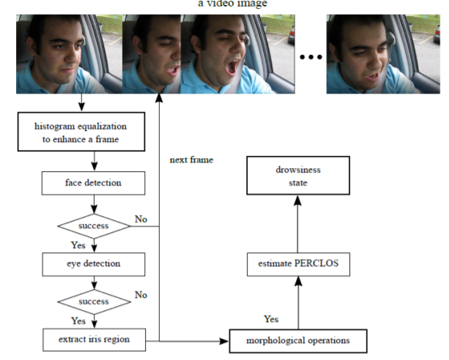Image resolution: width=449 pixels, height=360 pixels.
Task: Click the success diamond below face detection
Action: (x=94, y=225)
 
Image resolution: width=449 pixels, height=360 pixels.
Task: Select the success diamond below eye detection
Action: (x=94, y=301)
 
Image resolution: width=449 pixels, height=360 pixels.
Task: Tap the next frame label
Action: (x=191, y=160)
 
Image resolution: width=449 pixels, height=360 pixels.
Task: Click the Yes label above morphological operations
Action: (x=271, y=319)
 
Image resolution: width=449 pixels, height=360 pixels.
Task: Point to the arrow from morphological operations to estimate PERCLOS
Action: (x=298, y=304)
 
